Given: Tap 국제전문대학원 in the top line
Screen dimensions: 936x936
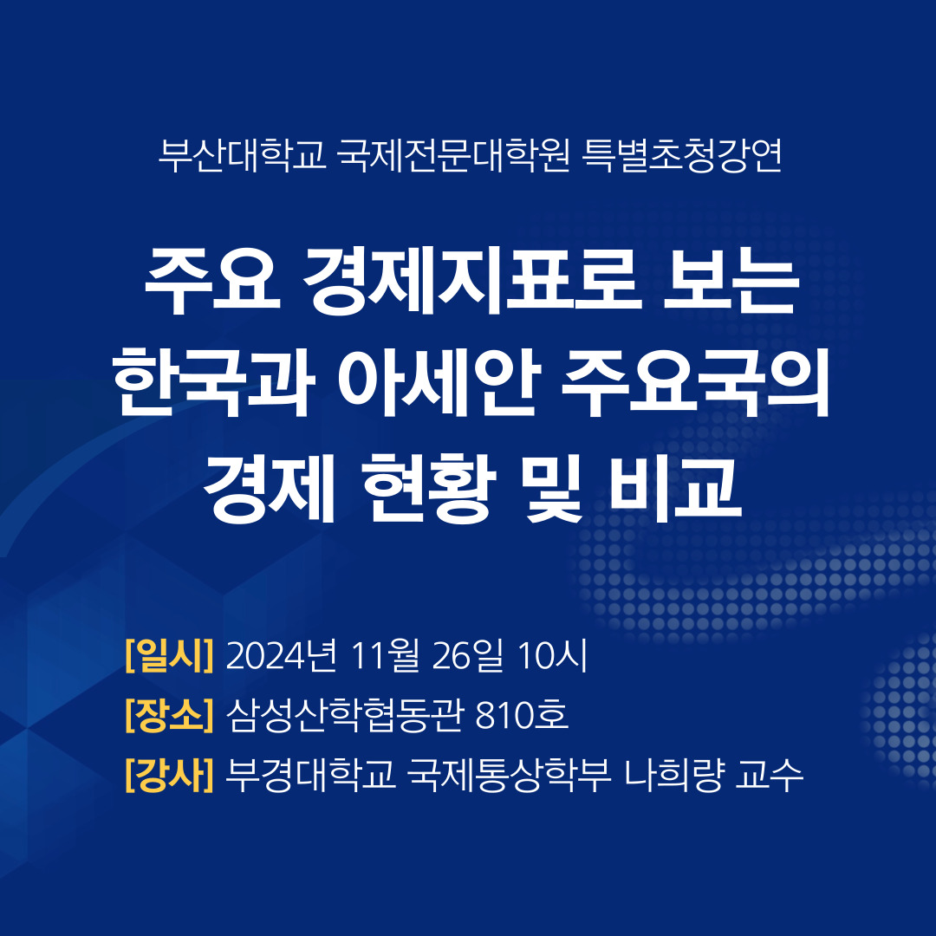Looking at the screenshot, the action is [x=453, y=156].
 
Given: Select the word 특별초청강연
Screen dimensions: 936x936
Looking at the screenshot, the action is [x=682, y=156].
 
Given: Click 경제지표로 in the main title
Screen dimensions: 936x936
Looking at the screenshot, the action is [x=471, y=280].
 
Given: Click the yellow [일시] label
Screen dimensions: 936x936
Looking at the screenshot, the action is [x=169, y=655].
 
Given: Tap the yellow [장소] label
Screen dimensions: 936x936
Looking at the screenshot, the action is [x=169, y=715].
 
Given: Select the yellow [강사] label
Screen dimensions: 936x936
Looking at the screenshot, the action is [x=169, y=775].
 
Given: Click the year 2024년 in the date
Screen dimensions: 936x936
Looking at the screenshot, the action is [x=282, y=655].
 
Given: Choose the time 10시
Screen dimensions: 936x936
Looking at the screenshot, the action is [x=552, y=655].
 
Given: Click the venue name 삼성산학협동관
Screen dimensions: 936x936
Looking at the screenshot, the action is [x=345, y=715].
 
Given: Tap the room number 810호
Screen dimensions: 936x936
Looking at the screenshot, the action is [x=522, y=715].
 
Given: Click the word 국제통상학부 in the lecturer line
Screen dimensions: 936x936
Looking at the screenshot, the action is [x=510, y=775].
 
